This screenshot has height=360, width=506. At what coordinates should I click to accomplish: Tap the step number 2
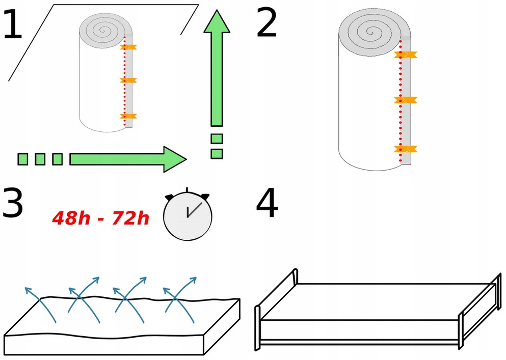267,22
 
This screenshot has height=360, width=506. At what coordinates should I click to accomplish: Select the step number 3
12,203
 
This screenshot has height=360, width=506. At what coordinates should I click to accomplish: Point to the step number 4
267,203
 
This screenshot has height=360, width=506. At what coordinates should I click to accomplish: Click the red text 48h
71,218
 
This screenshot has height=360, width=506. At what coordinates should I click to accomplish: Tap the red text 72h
130,218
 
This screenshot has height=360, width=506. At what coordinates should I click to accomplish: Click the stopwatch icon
188,214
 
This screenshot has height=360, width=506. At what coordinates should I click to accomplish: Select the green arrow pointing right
128,159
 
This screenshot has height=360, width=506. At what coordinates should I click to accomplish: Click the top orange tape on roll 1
128,47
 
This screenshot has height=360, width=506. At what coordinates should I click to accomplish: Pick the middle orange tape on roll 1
128,80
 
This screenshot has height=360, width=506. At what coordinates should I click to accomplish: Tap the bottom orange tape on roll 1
128,116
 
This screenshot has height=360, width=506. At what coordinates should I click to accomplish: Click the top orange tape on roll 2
406,55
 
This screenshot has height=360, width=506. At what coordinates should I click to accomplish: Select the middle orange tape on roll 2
406,100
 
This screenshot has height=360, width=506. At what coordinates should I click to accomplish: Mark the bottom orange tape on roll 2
406,149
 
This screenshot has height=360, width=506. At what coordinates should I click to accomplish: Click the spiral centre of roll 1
102,31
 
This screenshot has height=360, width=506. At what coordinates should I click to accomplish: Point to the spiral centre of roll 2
371,32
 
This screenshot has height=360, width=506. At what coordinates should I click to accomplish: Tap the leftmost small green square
22,159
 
